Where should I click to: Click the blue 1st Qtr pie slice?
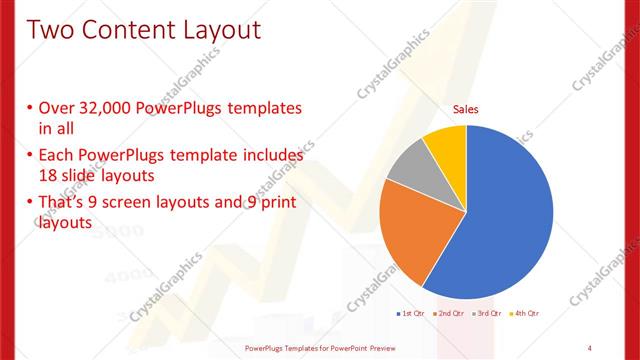point(505,215)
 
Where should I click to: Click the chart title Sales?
point(466,108)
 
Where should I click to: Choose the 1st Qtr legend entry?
point(411,314)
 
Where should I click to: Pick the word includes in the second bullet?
point(268,155)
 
